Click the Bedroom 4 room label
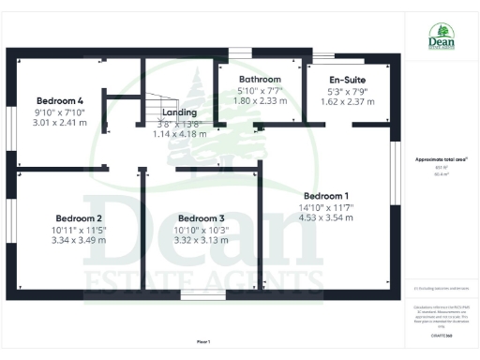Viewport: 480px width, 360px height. pos(60,100)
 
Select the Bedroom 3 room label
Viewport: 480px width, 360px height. pos(202,218)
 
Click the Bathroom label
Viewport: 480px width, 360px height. pos(260,79)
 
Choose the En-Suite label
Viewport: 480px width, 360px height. pos(347,81)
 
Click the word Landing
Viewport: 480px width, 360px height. pos(179,112)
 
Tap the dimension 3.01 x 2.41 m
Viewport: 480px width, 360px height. pos(60,123)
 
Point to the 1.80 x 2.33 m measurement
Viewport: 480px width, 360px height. pos(260,100)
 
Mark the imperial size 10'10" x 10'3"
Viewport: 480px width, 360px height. pos(202,230)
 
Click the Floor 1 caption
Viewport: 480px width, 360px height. pos(203,341)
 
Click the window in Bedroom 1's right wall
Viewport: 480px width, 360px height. pos(396,165)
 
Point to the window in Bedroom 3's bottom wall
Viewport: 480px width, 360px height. pos(202,295)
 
